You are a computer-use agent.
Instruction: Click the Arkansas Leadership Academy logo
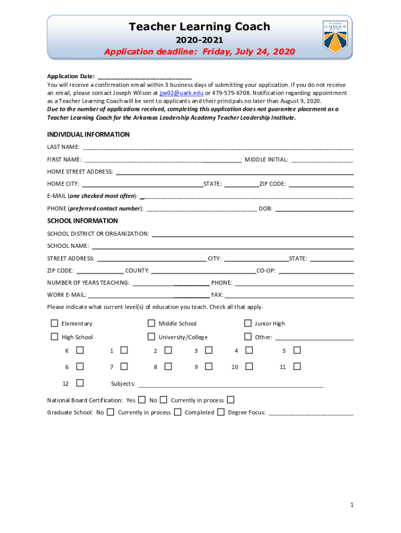(x=335, y=36)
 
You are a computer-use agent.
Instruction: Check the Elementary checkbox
(x=54, y=323)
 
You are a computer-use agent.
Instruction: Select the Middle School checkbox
(x=152, y=323)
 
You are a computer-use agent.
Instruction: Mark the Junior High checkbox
(x=248, y=323)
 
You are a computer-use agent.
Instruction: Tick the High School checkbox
(x=54, y=336)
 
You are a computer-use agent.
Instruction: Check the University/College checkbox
(x=152, y=336)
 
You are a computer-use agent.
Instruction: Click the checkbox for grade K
(x=80, y=350)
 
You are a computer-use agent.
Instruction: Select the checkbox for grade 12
(x=80, y=383)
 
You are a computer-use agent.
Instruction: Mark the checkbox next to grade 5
(x=297, y=350)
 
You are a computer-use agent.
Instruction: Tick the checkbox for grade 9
(x=209, y=366)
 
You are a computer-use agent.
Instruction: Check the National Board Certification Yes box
(x=142, y=400)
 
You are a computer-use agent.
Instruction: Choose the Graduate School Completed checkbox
(x=221, y=412)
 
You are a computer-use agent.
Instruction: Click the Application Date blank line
(x=144, y=77)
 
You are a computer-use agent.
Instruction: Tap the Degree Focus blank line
(x=311, y=413)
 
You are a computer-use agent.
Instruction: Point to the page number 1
(x=353, y=505)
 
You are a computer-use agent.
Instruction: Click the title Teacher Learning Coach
(x=199, y=27)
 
